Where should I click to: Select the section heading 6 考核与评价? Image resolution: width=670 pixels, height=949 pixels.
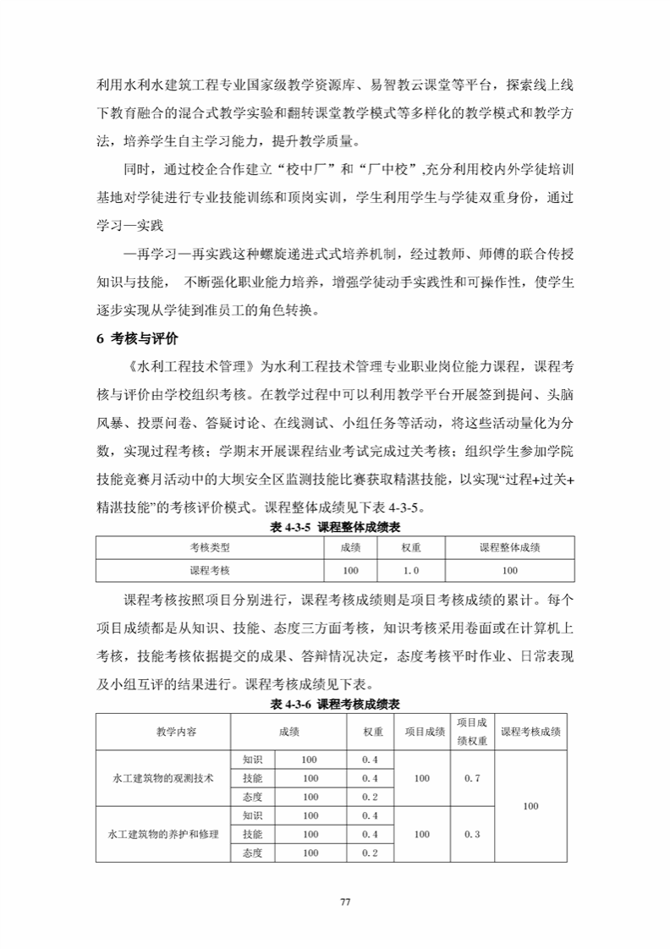click(136, 339)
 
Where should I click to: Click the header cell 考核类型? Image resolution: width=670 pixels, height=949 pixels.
click(210, 548)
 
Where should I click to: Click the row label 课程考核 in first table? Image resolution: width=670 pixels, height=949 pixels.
click(210, 571)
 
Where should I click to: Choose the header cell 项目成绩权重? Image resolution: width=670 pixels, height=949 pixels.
click(471, 732)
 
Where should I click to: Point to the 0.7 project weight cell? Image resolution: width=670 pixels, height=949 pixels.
click(472, 777)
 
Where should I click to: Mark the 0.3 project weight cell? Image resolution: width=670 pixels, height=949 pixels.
click(472, 834)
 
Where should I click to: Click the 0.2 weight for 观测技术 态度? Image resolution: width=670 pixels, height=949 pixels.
click(370, 797)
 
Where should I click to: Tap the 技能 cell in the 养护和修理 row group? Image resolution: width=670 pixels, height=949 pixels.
click(252, 834)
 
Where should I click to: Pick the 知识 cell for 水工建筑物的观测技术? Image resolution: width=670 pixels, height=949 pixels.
click(252, 760)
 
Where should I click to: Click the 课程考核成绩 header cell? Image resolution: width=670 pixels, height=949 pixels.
click(530, 732)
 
